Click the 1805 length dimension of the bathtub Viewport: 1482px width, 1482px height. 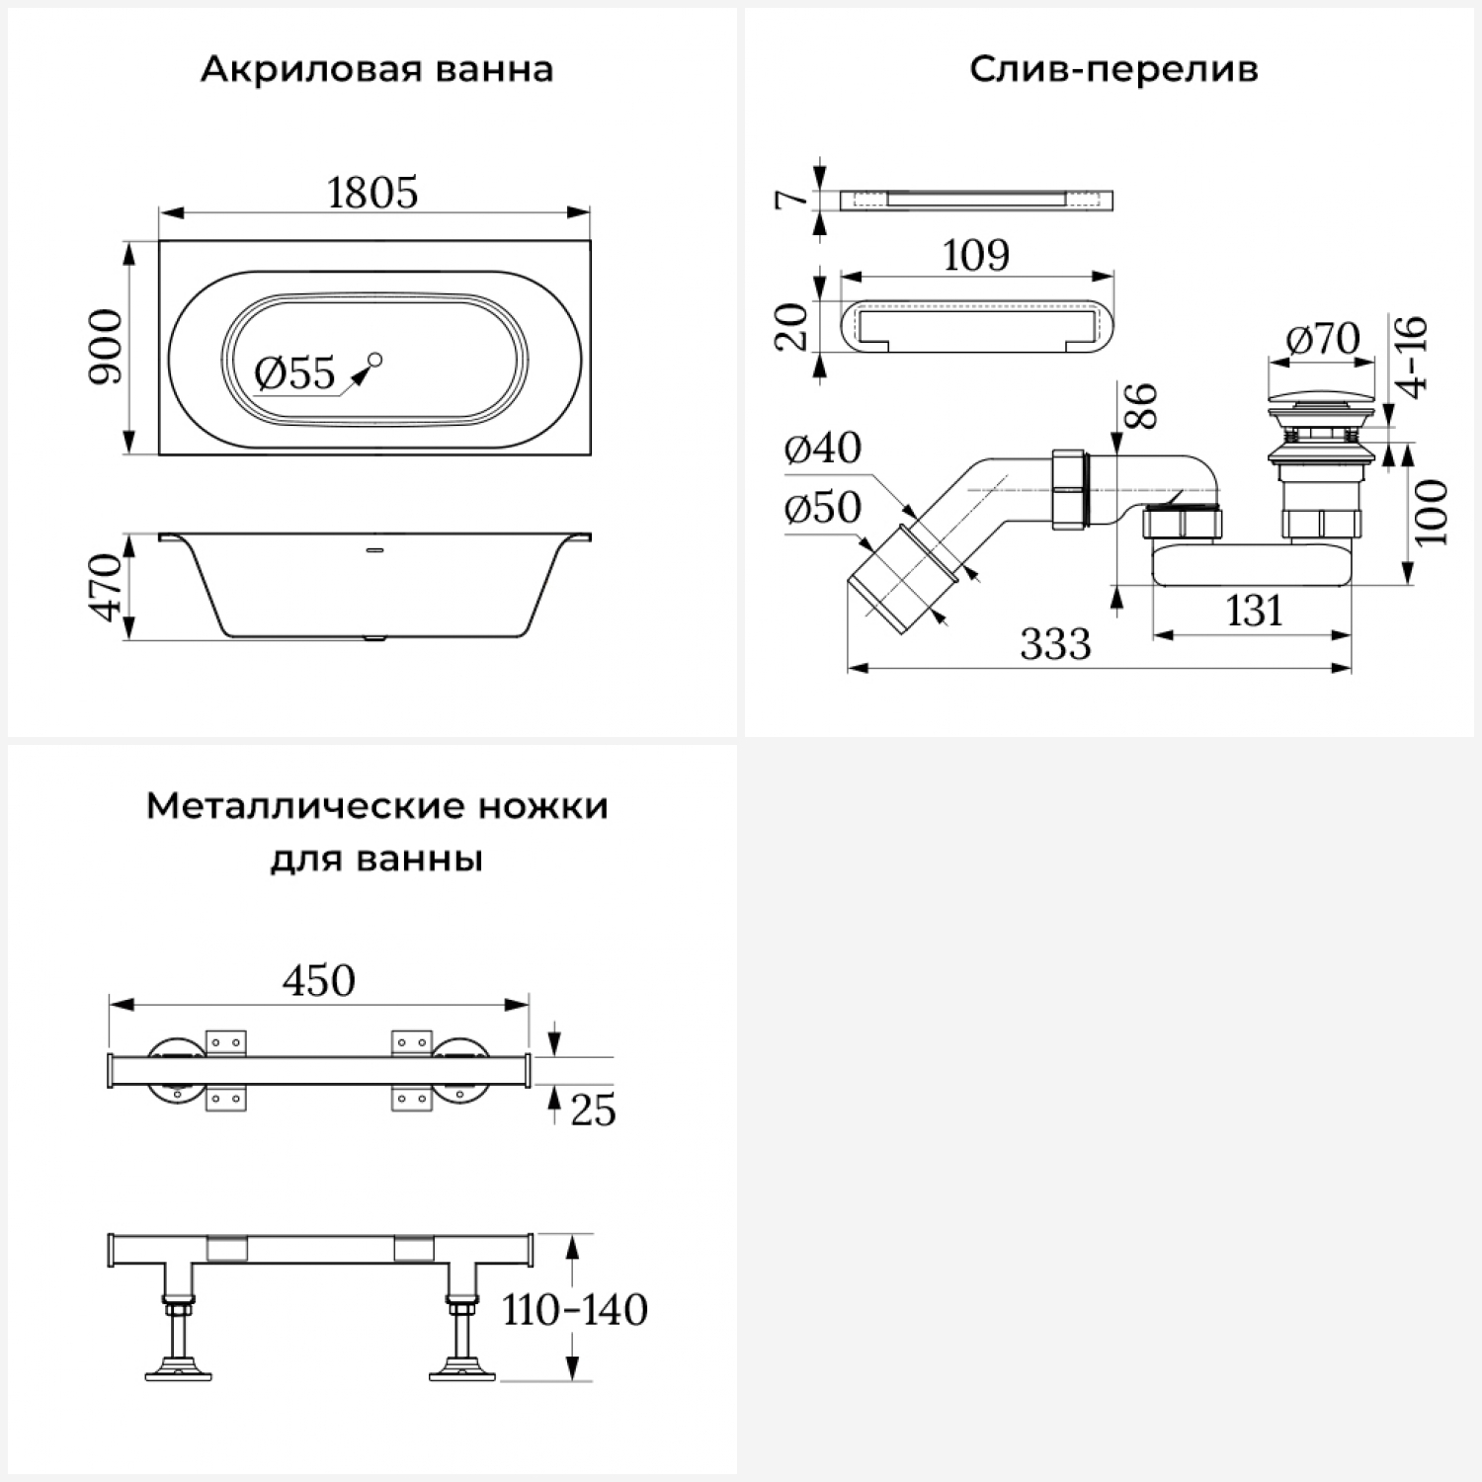(372, 193)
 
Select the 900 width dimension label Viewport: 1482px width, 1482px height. (106, 347)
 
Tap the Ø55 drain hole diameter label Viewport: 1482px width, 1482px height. (294, 374)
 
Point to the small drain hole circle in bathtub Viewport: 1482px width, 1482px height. (374, 360)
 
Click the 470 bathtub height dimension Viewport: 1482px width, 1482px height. (107, 588)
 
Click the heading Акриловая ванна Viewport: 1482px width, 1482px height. (376, 69)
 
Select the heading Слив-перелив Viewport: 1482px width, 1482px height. (1113, 69)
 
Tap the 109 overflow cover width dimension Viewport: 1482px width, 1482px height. (976, 256)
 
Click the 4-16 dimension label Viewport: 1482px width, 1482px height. (1414, 357)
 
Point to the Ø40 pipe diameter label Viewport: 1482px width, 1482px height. (822, 449)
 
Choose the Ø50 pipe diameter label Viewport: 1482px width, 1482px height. (822, 508)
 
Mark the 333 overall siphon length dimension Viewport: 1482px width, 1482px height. (1055, 645)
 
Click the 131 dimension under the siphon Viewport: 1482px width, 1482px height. (1254, 612)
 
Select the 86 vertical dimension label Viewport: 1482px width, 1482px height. (1140, 405)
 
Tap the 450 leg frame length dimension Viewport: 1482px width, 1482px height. (318, 981)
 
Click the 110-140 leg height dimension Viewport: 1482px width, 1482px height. (575, 1310)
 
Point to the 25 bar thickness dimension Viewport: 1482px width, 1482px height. (593, 1111)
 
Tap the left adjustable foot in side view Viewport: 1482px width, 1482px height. (178, 1344)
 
